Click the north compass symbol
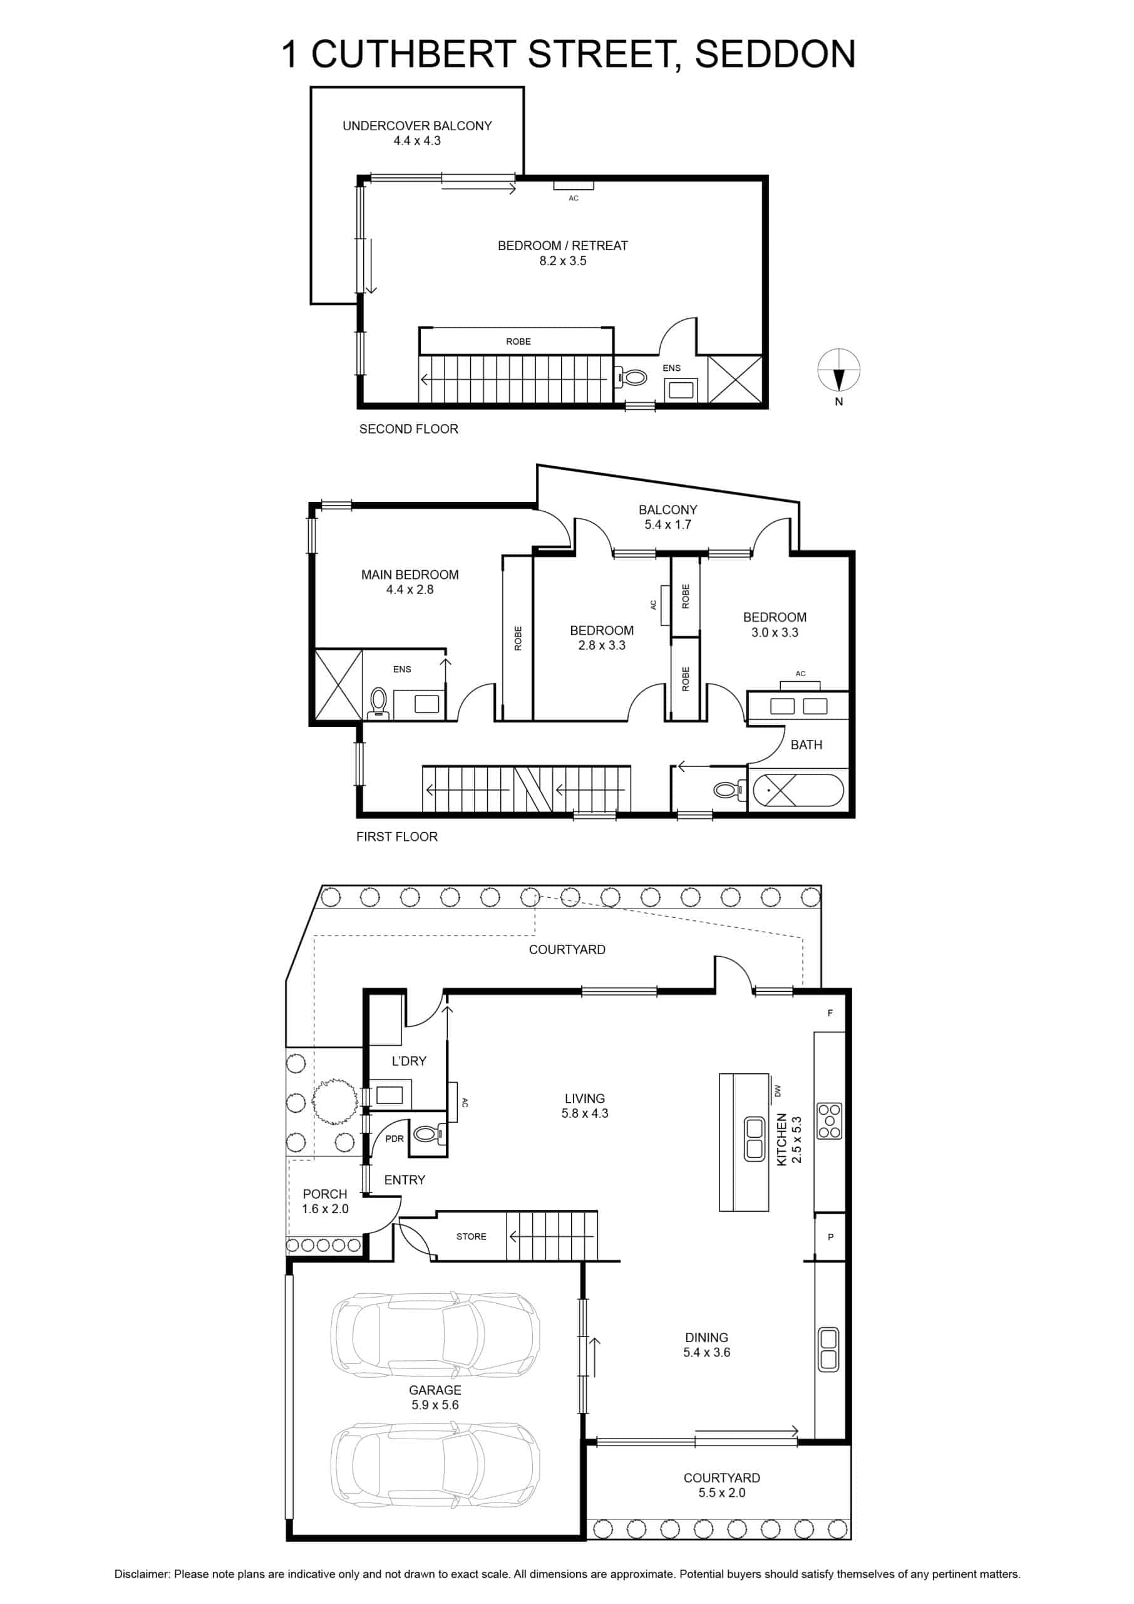tap(838, 371)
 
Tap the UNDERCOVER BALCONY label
tap(417, 126)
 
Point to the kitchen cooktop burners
tap(830, 1122)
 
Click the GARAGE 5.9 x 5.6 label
tap(435, 1397)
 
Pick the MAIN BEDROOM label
tap(410, 575)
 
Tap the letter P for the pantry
tap(830, 1237)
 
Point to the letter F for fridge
tap(830, 1013)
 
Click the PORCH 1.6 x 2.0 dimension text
tap(326, 1209)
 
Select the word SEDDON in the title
tap(775, 54)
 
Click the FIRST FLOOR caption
tap(396, 836)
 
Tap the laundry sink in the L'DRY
tap(389, 1095)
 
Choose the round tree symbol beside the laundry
tap(334, 1101)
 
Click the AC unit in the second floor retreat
tap(574, 185)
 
